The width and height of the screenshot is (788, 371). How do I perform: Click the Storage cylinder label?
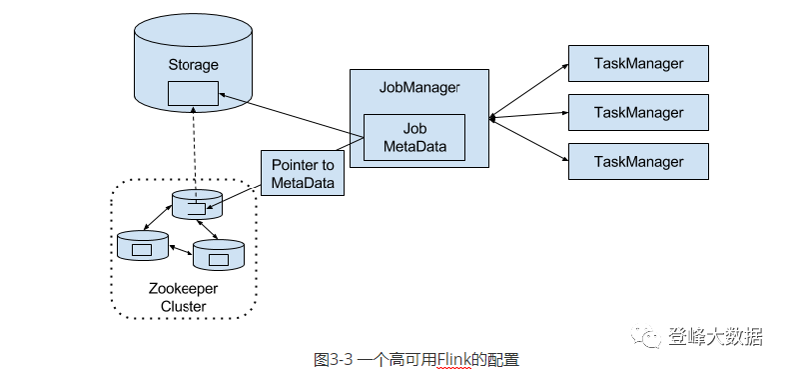point(193,65)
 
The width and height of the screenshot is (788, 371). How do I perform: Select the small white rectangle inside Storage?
point(193,93)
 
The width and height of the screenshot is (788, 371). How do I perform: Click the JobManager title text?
point(419,87)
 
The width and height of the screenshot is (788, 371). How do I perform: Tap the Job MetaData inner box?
point(413,138)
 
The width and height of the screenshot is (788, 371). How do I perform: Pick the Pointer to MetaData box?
point(302,173)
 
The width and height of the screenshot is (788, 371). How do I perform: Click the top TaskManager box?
point(638,64)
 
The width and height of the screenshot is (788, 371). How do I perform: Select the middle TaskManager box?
point(638,112)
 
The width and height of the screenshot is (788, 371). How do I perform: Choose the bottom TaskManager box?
point(638,161)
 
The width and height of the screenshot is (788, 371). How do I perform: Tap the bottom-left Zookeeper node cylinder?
point(141,245)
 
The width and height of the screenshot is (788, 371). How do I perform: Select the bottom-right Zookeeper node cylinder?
point(218,255)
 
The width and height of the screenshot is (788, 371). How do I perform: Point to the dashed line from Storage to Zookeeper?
point(193,150)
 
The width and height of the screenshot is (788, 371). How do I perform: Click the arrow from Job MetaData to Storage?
point(290,114)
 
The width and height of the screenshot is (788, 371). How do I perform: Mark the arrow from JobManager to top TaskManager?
point(529,91)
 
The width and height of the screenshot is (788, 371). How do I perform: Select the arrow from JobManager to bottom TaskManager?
point(529,138)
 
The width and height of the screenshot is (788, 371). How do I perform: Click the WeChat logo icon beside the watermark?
point(650,337)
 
